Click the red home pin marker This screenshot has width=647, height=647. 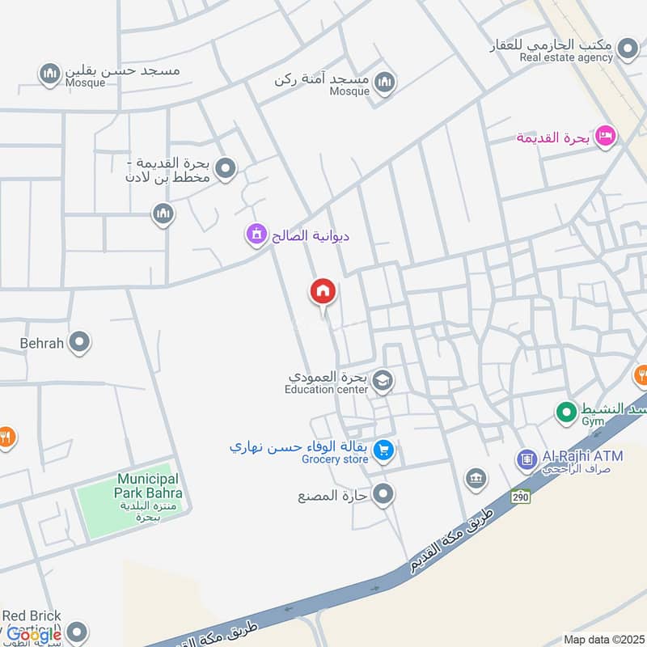click(323, 292)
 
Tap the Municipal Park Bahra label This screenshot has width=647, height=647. click(150, 486)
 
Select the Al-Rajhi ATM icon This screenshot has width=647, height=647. click(527, 459)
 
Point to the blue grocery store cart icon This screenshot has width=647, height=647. click(384, 449)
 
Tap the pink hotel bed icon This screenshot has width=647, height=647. click(603, 137)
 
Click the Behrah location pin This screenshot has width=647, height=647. click(79, 343)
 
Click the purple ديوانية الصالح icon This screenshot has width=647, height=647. click(257, 235)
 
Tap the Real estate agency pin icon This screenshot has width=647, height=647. click(627, 51)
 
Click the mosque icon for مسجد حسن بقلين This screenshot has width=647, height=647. click(50, 74)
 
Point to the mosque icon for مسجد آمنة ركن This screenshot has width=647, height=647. click(384, 82)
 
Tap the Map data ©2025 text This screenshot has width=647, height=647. click(603, 640)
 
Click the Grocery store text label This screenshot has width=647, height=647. click(335, 459)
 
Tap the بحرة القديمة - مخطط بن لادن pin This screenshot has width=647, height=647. click(226, 168)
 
